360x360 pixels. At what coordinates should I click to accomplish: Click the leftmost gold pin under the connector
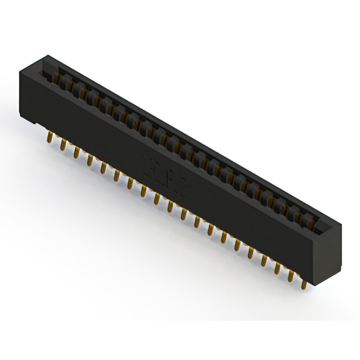[x=49, y=137]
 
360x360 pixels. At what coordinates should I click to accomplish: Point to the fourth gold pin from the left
[x=89, y=161]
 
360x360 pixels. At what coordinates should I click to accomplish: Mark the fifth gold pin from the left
[x=103, y=168]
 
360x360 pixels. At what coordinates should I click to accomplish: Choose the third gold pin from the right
[x=278, y=269]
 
